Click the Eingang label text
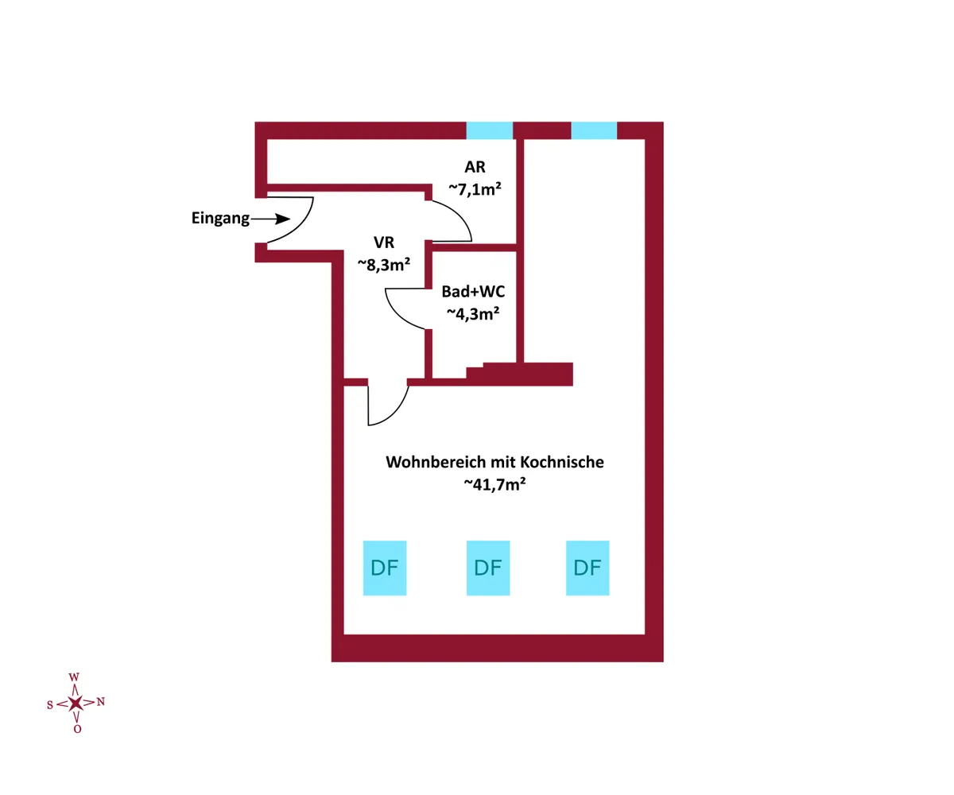pos(220,219)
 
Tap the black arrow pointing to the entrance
pos(270,219)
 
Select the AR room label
pos(475,167)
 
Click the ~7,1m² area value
pos(475,188)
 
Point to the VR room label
pos(384,242)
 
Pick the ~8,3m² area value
pos(384,264)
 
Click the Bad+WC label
pos(473,292)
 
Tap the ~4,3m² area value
pos(473,313)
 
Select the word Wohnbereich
pos(435,462)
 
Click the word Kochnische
pos(562,462)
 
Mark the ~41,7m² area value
pos(494,484)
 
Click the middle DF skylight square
pos(488,568)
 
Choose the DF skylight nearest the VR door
pos(385,568)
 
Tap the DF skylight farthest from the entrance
pos(588,568)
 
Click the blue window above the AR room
pos(490,130)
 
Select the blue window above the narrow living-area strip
pos(594,130)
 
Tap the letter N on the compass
pos(100,701)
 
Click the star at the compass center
pos(76,703)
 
